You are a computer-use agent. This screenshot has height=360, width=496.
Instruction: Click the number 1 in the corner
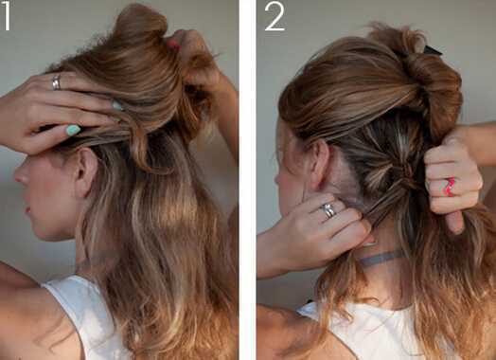pos(7,15)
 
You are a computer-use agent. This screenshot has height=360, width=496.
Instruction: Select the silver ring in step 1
pos(56,82)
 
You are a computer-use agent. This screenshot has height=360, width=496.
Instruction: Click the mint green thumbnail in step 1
pos(73,130)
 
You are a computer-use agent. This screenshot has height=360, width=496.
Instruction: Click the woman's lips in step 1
pos(27,210)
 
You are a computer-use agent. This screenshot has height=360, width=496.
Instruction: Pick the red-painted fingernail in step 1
pos(174,45)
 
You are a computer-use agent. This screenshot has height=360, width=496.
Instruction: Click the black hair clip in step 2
pos(432,50)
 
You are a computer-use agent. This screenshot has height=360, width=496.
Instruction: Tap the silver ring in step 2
pos(328,210)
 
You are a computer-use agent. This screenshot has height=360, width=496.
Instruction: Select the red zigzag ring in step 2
pos(450,187)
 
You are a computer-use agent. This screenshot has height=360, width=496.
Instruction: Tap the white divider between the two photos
pos(247,180)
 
